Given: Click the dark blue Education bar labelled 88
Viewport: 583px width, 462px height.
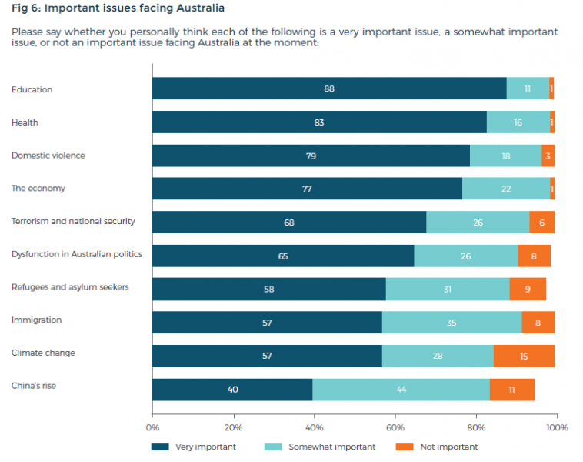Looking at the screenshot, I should pos(329,89).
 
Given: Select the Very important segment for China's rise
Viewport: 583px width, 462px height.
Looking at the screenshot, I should pos(232,390).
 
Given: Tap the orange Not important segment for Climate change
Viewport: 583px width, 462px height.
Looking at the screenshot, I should pos(524,356).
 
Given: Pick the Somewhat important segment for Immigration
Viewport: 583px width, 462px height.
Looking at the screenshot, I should pos(451,323).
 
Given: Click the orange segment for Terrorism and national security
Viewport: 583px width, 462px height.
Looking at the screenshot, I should pos(542,222).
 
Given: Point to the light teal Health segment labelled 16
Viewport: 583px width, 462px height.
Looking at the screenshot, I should pos(518,122).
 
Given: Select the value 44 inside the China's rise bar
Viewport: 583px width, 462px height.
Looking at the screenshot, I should pos(401,390).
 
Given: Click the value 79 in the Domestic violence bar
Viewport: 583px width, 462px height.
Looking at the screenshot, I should pos(311,156).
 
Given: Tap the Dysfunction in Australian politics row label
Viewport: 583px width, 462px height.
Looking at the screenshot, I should pos(77,254).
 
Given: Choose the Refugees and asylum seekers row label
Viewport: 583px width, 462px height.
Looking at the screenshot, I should pos(70,287).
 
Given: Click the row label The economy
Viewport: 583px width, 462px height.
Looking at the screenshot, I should pos(38,189).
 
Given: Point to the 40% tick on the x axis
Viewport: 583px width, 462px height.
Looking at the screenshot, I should pos(315,427).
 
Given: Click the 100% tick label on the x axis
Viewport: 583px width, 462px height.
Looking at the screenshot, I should pos(557,427).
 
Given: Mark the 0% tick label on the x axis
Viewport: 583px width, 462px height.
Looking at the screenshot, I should pos(152,427).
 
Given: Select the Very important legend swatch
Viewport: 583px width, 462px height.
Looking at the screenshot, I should pos(160,447).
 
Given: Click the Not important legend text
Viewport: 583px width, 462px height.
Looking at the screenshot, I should pos(448,447).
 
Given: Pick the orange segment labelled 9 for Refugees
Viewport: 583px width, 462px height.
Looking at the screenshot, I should pos(528,289).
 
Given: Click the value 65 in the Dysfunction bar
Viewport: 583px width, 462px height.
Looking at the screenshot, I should pos(283,256).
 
